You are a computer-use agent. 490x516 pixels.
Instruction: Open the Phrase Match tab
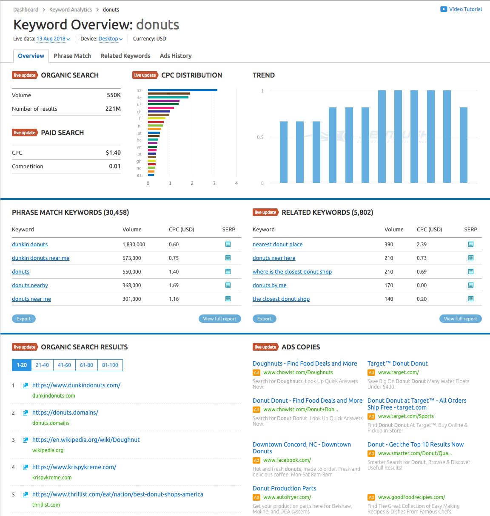(x=72, y=56)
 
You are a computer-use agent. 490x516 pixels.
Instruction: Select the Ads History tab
(x=176, y=56)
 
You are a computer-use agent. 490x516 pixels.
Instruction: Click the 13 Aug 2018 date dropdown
(x=53, y=39)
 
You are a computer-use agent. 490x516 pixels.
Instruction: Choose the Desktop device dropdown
(x=110, y=39)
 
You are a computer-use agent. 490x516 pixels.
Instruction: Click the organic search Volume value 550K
(x=114, y=95)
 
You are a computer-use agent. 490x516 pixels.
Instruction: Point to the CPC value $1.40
(x=113, y=153)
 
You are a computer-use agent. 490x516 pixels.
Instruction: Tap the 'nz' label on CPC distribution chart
(x=139, y=91)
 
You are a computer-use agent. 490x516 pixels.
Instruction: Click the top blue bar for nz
(x=182, y=90)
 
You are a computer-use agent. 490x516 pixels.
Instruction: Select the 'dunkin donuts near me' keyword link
(x=40, y=258)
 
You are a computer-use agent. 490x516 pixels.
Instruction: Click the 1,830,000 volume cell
(x=134, y=245)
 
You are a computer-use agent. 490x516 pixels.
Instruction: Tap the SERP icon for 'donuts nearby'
(x=228, y=285)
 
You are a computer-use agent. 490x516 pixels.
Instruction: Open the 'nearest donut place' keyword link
(x=277, y=245)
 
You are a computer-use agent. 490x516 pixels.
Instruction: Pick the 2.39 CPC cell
(x=422, y=245)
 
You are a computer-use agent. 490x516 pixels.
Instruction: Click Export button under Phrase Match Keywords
(x=24, y=319)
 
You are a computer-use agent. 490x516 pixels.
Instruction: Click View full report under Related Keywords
(x=460, y=319)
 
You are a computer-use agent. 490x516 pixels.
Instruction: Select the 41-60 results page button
(x=64, y=365)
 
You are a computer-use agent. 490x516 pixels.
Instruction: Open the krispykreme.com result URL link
(x=74, y=467)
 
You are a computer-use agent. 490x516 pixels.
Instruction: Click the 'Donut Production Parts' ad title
(x=284, y=488)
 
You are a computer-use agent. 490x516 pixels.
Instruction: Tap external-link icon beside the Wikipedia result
(x=25, y=440)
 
